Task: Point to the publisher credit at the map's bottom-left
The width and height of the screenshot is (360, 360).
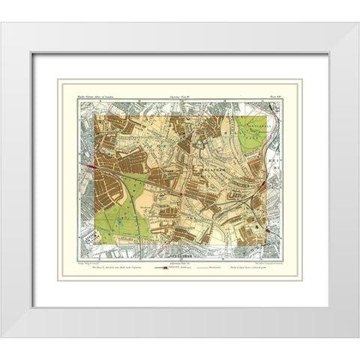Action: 96,262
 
